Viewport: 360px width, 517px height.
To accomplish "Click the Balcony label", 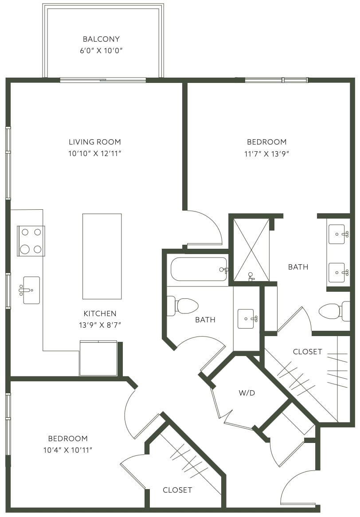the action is coord(101,39).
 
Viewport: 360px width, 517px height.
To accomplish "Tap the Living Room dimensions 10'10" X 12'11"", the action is coord(95,154).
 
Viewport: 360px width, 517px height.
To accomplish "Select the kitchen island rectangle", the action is coord(102,257).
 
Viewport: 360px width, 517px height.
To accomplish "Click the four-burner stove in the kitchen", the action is coord(31,241).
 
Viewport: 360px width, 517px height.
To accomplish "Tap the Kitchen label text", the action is coord(100,313).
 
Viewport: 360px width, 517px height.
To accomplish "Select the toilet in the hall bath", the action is coord(182,306).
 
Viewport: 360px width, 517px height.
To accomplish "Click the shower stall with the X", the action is coord(251,250).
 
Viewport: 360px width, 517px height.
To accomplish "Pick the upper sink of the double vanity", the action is coord(337,235).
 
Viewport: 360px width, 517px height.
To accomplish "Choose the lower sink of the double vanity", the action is coord(337,273).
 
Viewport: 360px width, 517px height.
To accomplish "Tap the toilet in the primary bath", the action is coord(334,311).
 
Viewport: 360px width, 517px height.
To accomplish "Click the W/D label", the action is coord(247,393).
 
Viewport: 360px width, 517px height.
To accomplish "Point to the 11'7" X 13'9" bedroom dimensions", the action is coord(267,154).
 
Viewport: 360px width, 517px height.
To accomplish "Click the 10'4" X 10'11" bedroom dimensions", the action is coord(68,450).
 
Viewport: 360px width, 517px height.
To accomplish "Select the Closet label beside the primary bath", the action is coord(308,352).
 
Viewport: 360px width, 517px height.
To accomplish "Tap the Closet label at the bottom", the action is coord(177,490).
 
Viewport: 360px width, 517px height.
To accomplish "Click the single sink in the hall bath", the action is coord(246,319).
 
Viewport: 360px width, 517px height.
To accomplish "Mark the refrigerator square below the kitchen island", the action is coord(98,358).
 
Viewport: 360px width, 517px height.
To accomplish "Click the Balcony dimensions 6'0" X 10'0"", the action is coord(101,51).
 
